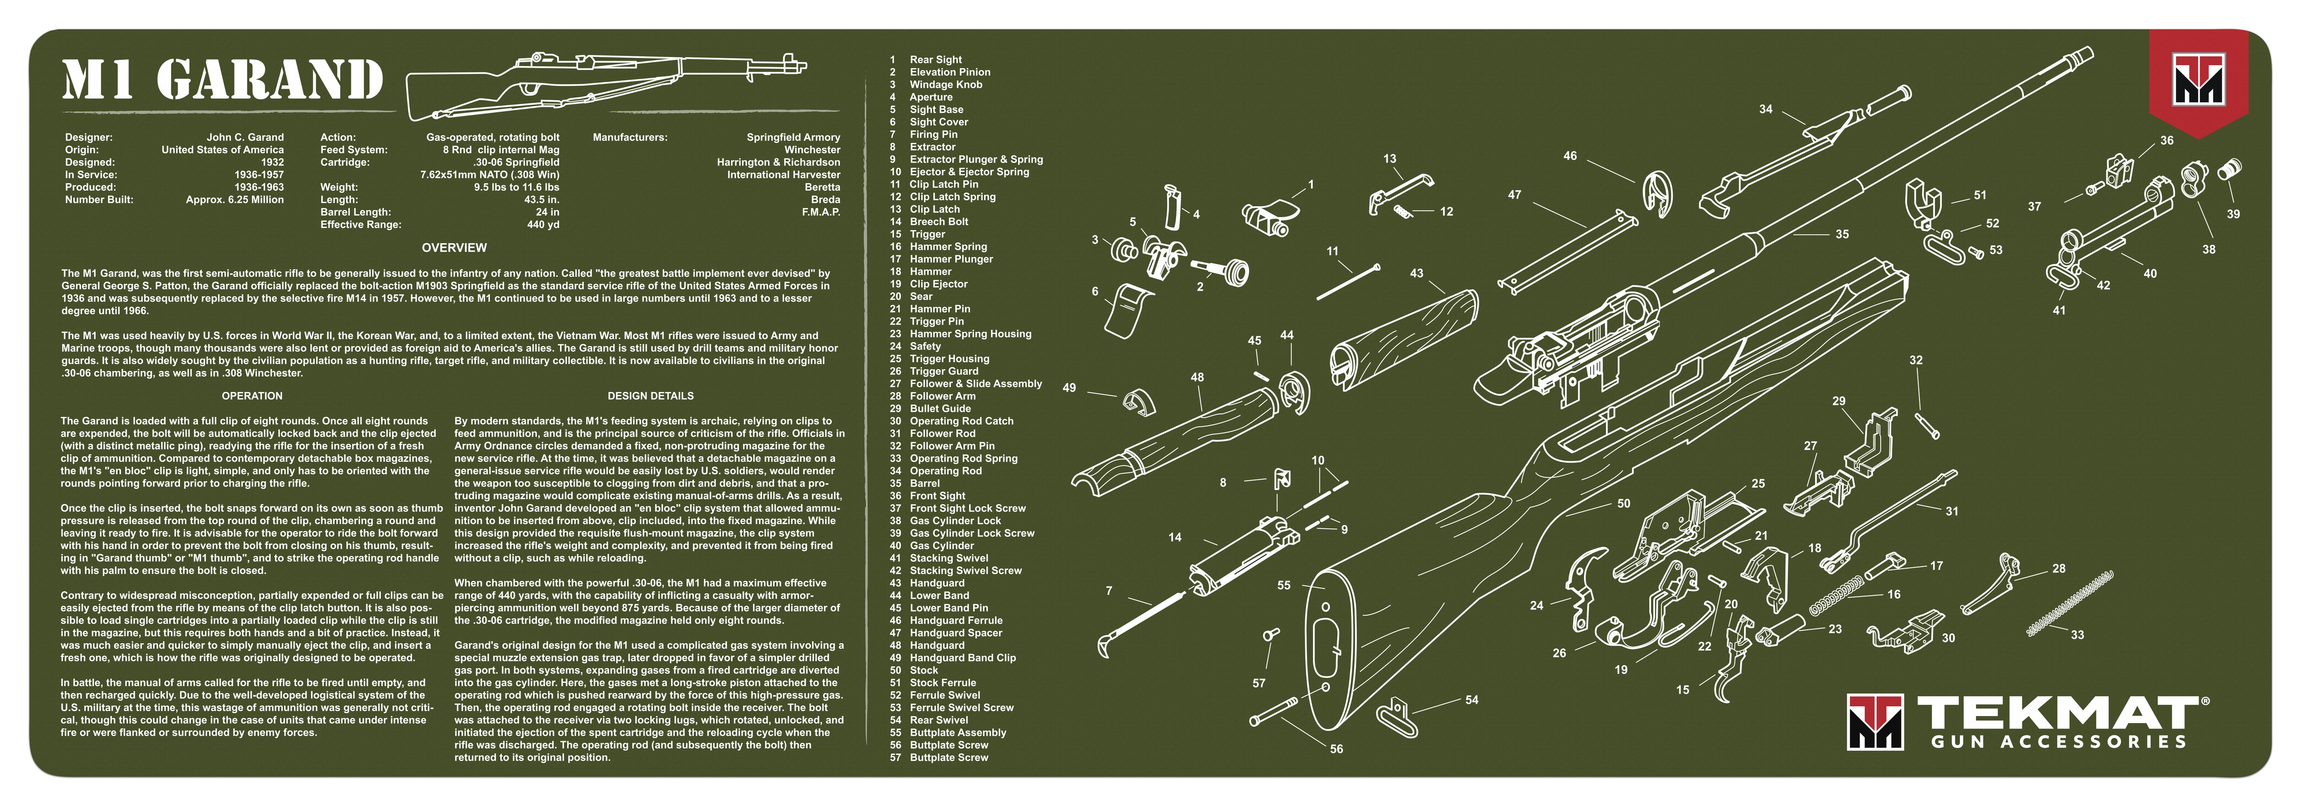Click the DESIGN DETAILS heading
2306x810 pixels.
(x=651, y=396)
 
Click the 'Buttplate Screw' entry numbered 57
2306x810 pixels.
(x=949, y=757)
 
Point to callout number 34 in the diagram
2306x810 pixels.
(x=1765, y=109)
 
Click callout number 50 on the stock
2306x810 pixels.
(x=1623, y=504)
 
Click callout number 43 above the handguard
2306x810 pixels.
(x=1416, y=273)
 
